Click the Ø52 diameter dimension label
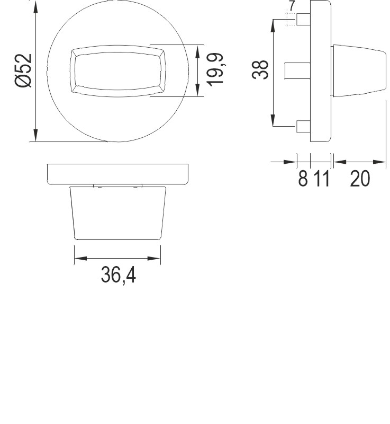coord(24,70)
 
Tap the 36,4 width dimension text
coord(118,276)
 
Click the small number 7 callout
coord(292,7)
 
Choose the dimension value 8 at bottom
coord(303,179)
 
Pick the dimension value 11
coord(320,179)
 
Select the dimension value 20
coord(360,179)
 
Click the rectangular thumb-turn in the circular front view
coord(117,70)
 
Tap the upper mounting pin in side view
coord(303,20)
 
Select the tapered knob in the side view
coord(358,70)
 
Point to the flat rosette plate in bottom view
coord(118,174)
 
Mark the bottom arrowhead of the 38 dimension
coord(273,121)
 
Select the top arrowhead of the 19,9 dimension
coord(198,50)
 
